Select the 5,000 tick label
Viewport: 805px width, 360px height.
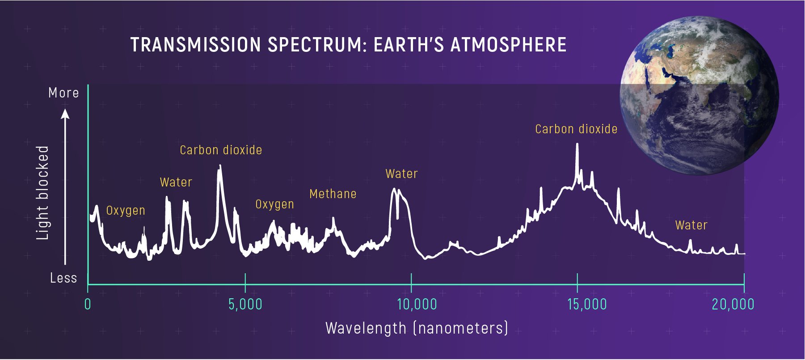[245, 305]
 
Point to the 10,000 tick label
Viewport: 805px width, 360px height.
[417, 305]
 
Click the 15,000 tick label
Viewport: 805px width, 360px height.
[587, 305]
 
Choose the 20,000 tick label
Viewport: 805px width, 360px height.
[733, 305]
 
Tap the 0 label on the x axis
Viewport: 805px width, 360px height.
[88, 305]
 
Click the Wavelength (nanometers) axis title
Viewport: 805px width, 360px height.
[417, 328]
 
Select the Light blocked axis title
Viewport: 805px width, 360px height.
[42, 193]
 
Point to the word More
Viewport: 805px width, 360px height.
[63, 93]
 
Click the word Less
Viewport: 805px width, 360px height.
[63, 278]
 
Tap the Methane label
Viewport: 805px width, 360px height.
[333, 194]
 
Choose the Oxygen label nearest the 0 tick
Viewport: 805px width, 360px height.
[126, 211]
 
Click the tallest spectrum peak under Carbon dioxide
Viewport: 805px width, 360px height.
[577, 145]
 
